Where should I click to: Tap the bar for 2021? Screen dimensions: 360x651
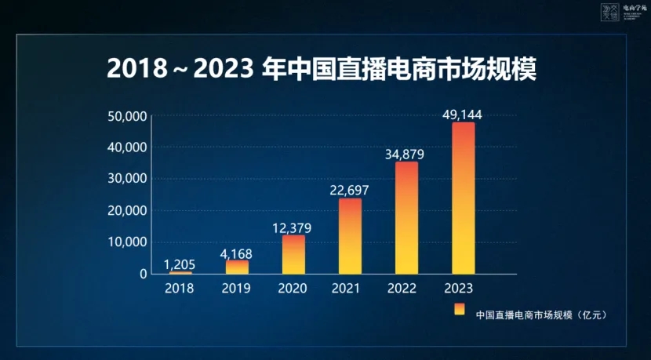pyautogui.click(x=350, y=236)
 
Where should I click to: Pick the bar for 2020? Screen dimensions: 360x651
pyautogui.click(x=293, y=254)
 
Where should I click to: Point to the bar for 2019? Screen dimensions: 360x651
pyautogui.click(x=237, y=267)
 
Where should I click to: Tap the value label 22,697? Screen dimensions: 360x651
pyautogui.click(x=349, y=190)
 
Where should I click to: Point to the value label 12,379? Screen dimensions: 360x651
pyautogui.click(x=293, y=227)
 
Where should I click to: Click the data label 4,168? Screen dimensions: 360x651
pyautogui.click(x=236, y=253)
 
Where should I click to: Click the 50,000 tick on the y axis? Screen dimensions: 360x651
pyautogui.click(x=127, y=116)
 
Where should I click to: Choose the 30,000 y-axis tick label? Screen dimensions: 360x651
pyautogui.click(x=127, y=179)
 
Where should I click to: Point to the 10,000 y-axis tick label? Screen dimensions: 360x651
pyautogui.click(x=127, y=242)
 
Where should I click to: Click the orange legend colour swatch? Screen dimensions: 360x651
pyautogui.click(x=459, y=308)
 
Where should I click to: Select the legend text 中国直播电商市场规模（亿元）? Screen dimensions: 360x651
pyautogui.click(x=542, y=315)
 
